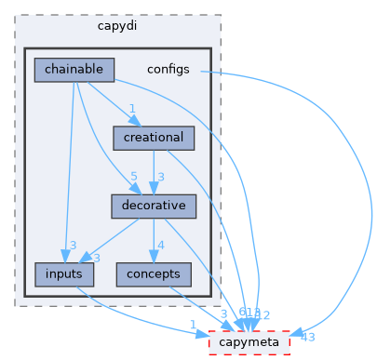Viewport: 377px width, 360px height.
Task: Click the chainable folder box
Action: (74, 69)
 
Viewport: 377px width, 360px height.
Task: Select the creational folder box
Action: (154, 138)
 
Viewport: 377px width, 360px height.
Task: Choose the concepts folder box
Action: (154, 274)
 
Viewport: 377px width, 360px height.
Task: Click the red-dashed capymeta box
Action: (249, 342)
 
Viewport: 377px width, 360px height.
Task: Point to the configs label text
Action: (168, 70)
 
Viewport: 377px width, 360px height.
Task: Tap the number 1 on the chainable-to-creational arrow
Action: (133, 108)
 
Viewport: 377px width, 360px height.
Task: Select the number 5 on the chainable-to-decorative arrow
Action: (134, 177)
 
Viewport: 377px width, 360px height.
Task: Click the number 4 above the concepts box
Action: (160, 246)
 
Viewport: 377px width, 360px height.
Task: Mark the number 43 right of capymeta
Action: (308, 336)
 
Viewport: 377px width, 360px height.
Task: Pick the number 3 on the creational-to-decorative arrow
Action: (160, 177)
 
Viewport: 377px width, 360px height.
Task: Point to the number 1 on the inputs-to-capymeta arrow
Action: (193, 325)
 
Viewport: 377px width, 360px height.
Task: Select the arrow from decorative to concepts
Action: (152, 240)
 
